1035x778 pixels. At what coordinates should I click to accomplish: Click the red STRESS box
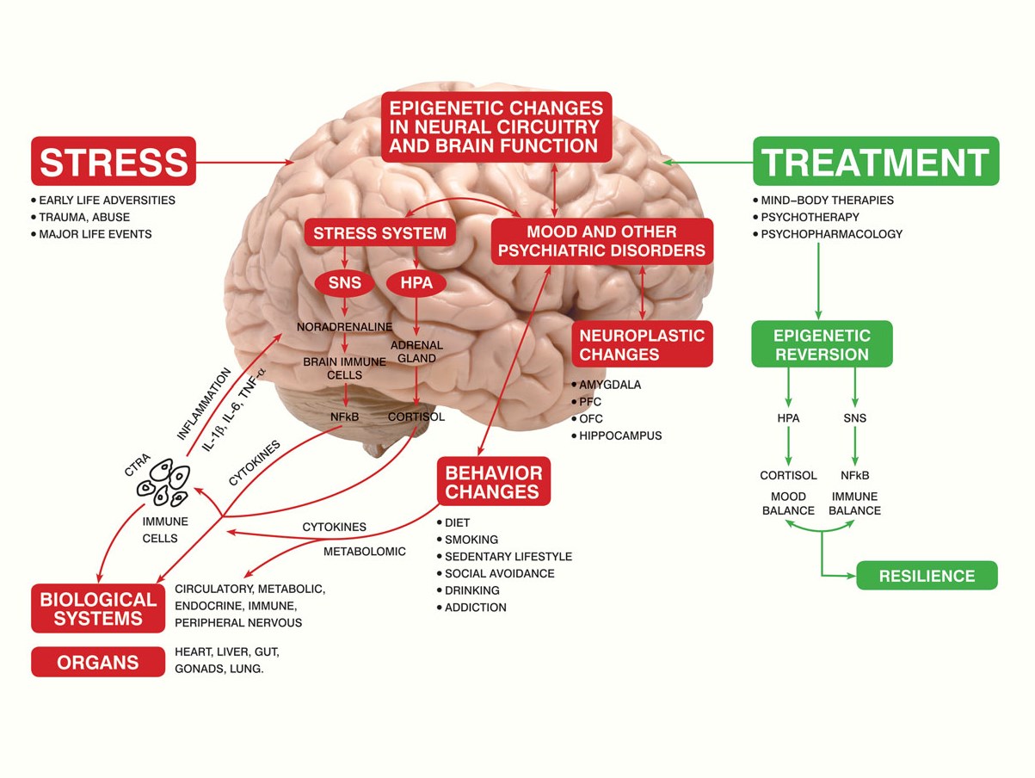(114, 161)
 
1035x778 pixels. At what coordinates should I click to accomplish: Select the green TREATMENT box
(876, 161)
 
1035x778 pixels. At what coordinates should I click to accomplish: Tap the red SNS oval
(344, 282)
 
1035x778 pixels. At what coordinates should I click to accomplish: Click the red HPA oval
(416, 282)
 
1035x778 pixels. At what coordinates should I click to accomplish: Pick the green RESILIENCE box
(927, 576)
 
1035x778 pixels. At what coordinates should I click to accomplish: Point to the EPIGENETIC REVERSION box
(822, 344)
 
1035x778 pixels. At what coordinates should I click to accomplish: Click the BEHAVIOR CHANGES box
(493, 482)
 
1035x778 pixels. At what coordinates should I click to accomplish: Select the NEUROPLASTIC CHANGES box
(642, 344)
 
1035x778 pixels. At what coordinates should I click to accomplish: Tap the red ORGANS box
(98, 663)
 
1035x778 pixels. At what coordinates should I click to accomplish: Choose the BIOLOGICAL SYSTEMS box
(98, 608)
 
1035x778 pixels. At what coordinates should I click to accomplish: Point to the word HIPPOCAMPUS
(620, 435)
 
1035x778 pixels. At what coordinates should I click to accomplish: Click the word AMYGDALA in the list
(610, 385)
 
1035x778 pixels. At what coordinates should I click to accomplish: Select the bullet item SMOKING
(471, 540)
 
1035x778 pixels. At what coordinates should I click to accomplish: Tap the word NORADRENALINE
(344, 327)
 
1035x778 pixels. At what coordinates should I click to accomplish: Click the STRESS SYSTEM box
(379, 233)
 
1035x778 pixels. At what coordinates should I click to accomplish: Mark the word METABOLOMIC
(364, 551)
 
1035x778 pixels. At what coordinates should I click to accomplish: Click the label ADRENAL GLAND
(416, 351)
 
